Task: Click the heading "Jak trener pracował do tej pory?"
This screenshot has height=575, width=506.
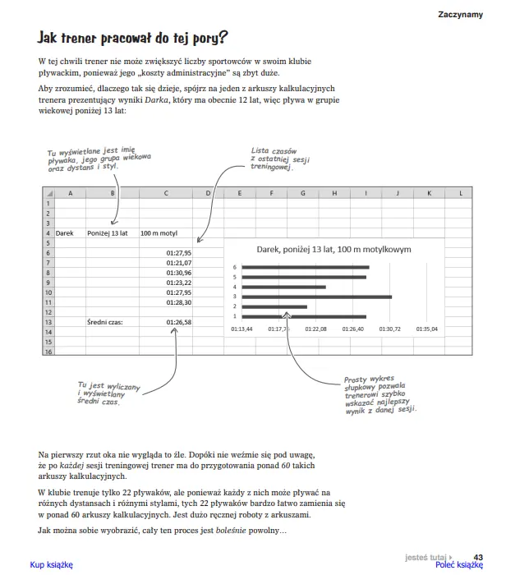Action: point(133,39)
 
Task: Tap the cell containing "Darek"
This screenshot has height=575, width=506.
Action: point(65,233)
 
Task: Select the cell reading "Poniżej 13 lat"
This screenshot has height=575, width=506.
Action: point(108,233)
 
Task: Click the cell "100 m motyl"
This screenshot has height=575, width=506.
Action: point(159,233)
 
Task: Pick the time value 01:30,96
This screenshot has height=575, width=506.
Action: point(178,273)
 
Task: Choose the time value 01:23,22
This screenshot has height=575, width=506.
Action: point(178,283)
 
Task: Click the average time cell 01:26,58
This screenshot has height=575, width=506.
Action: point(178,322)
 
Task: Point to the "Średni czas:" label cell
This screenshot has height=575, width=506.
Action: point(105,322)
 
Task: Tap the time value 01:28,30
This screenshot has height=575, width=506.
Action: point(178,302)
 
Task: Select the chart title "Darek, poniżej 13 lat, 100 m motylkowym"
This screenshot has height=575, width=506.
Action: point(333,249)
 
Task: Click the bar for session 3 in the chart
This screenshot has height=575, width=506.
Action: point(317,297)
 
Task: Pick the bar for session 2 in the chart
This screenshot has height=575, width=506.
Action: point(275,306)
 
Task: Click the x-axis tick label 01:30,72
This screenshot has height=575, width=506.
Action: point(390,329)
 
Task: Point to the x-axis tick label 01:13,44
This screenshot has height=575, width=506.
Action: point(241,329)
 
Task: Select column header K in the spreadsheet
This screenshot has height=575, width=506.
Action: point(428,193)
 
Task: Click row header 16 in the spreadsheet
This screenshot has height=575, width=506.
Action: point(48,352)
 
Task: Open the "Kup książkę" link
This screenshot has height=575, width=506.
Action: point(51,565)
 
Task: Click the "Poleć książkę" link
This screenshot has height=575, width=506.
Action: point(458,565)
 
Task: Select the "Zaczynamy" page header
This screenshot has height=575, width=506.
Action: point(460,14)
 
